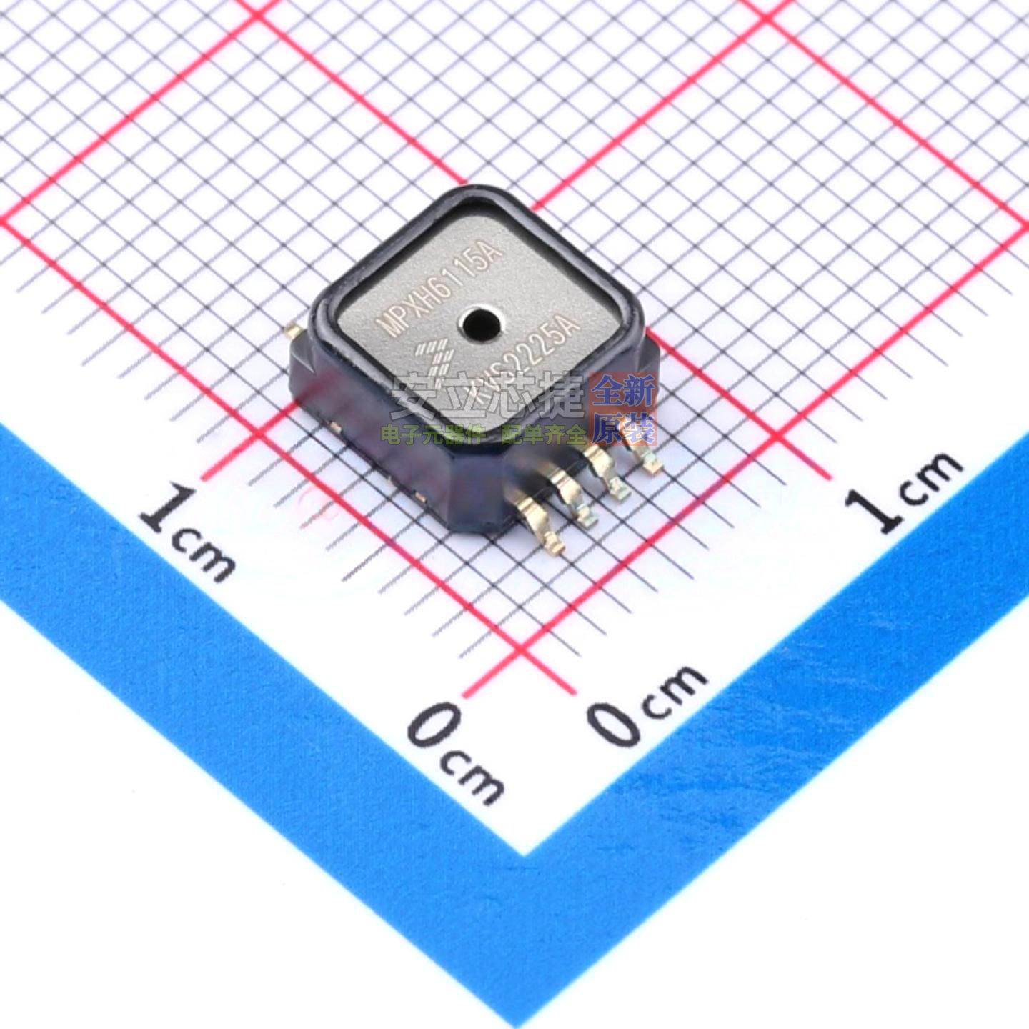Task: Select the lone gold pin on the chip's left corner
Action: (291, 330)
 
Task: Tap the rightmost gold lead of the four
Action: (642, 457)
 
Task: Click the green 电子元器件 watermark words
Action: (433, 434)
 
